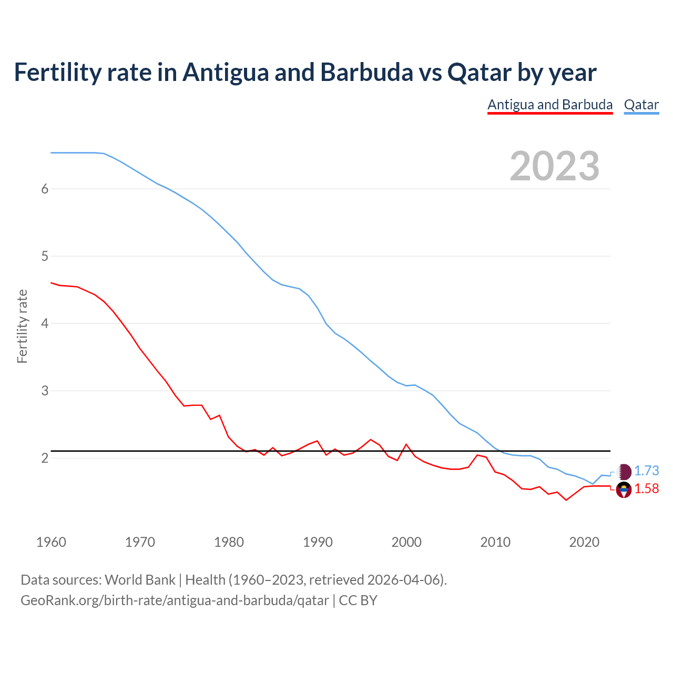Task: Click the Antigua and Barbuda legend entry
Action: (550, 105)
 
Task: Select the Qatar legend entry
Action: (641, 105)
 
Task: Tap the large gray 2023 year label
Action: (554, 166)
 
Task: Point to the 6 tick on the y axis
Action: (45, 189)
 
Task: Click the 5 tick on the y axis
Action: (45, 257)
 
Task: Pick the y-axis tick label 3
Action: (45, 391)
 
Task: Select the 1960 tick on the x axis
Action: (51, 542)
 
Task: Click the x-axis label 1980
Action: (229, 542)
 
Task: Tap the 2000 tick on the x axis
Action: (406, 542)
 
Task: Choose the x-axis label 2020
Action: (584, 542)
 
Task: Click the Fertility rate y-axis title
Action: (22, 326)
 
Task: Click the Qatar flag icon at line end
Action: (624, 472)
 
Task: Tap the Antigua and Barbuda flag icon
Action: (624, 490)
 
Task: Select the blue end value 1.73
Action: (646, 471)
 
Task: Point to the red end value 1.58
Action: (646, 489)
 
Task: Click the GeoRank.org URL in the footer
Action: (175, 600)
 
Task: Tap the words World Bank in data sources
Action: (140, 580)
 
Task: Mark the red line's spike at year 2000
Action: (406, 444)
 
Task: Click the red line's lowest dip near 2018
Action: (566, 500)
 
